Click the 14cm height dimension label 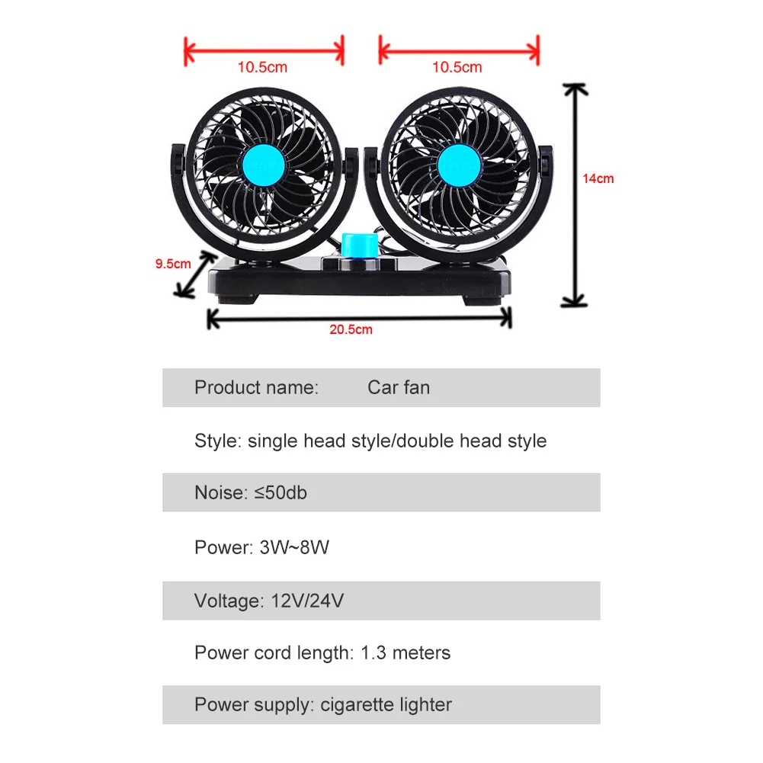[x=598, y=179]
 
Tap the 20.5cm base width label [x=351, y=330]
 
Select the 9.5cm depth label [x=173, y=264]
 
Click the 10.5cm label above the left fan [x=262, y=67]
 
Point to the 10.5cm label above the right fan [x=457, y=67]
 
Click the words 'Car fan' [x=399, y=387]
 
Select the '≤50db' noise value [x=280, y=492]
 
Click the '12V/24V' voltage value [x=307, y=601]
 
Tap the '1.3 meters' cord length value [x=405, y=653]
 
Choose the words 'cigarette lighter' [x=385, y=705]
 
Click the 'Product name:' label [x=256, y=387]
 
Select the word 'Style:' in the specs [x=218, y=441]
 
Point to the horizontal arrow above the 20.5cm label [x=359, y=319]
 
